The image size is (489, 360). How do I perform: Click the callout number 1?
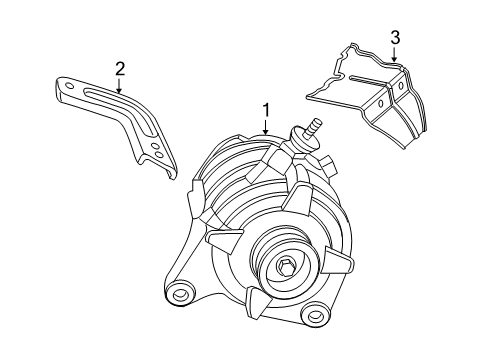pos(266,110)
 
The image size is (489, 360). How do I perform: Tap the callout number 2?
pos(120,68)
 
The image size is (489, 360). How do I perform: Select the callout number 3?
pos(395,38)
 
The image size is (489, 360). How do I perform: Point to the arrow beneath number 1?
pos(266,127)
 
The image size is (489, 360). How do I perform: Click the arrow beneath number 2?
pos(120,85)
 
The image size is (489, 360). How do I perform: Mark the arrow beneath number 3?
pos(395,56)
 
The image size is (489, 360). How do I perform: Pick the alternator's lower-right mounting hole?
pos(318,346)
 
